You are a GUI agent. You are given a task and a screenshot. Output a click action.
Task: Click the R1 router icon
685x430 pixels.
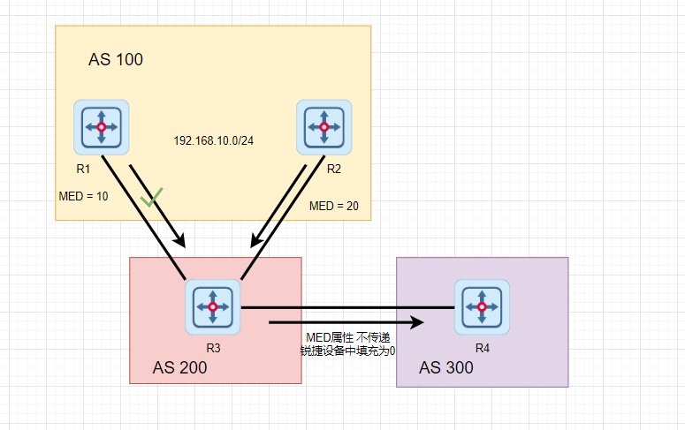(102, 127)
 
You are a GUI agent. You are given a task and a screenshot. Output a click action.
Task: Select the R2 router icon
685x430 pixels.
(324, 127)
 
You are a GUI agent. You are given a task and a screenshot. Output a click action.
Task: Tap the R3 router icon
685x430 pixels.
(213, 306)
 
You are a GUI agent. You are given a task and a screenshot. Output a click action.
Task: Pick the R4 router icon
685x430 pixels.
(482, 306)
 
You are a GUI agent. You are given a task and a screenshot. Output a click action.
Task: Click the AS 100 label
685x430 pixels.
(116, 60)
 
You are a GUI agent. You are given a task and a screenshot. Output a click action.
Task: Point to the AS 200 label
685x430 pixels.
(179, 367)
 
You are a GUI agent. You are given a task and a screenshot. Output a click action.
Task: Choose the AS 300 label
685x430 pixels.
(445, 367)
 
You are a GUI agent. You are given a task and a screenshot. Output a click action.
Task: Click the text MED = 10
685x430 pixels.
(84, 196)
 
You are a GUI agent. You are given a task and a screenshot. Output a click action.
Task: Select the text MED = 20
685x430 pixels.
(334, 206)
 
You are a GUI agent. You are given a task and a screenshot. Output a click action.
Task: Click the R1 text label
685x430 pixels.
(84, 167)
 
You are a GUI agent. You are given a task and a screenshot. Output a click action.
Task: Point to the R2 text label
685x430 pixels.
(334, 167)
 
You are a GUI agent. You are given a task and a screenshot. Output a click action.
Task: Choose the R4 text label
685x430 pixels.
(482, 346)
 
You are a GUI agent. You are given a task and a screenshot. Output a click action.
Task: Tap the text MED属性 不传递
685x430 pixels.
(347, 337)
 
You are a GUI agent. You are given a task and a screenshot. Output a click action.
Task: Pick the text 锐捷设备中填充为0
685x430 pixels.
(347, 351)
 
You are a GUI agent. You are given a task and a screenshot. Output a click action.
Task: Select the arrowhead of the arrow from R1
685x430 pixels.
(181, 240)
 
